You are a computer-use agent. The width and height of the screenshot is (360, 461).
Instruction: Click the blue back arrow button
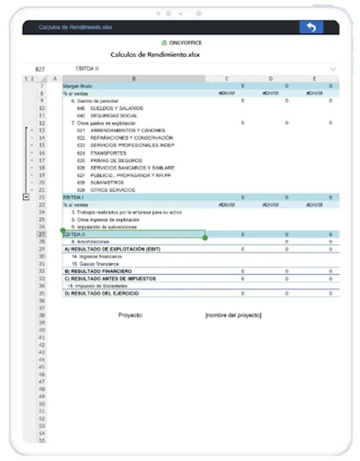311,27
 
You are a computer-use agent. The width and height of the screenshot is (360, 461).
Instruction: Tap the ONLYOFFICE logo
181,43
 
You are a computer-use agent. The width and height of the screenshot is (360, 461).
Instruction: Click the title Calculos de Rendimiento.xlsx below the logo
155,54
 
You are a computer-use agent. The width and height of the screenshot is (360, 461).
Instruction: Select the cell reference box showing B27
39,69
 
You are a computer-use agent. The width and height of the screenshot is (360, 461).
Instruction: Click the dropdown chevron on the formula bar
333,69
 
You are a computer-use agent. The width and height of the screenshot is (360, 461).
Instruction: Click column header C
227,78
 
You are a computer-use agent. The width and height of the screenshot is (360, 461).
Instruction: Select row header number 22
41,197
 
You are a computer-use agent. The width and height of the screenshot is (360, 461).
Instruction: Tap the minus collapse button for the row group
26,197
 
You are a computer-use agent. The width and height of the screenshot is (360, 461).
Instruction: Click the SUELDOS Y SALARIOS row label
117,108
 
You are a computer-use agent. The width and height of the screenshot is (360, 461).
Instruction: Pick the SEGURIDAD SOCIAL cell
114,116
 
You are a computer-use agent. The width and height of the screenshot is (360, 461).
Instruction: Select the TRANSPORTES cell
108,153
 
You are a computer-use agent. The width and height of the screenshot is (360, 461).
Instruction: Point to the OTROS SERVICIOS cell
113,190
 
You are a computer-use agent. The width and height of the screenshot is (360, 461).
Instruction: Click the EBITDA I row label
73,197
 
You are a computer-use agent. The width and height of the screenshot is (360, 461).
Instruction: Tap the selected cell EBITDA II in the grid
134,234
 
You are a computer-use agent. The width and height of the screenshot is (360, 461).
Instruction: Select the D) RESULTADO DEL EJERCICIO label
101,294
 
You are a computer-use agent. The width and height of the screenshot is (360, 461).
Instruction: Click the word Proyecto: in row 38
131,316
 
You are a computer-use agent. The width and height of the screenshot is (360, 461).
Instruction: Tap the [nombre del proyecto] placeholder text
233,316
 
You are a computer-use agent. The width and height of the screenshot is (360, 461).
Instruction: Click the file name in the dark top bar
75,27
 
